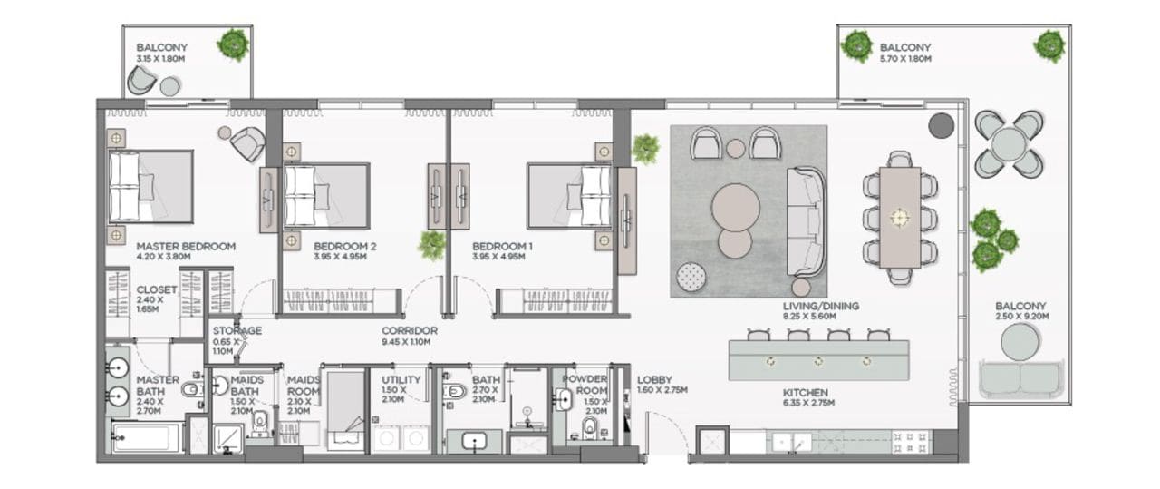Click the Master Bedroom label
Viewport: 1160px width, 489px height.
coord(186,247)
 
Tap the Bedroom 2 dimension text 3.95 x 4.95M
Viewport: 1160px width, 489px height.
coord(340,257)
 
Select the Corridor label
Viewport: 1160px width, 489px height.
coord(410,331)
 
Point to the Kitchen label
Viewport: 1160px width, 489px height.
coord(806,393)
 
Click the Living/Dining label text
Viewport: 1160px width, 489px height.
coord(821,306)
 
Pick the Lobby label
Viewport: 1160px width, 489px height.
coord(654,379)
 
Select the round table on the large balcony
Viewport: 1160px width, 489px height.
coord(1009,143)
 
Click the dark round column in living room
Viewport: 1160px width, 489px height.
coord(941,125)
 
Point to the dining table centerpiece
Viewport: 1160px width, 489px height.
coord(900,217)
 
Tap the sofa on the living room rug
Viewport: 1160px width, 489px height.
coord(806,220)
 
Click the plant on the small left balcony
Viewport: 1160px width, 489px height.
coord(233,44)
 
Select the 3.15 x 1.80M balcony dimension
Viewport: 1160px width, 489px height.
coord(160,59)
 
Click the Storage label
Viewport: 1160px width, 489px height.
coord(237,331)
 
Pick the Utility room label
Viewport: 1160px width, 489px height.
coord(401,380)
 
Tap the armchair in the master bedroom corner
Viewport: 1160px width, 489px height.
coord(247,143)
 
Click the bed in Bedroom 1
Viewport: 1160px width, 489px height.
coord(570,196)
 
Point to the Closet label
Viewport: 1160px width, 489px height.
coord(157,290)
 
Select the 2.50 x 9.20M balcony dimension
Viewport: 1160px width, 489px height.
coord(1022,317)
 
